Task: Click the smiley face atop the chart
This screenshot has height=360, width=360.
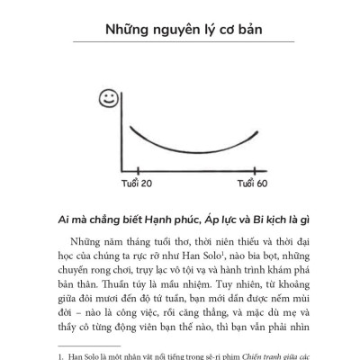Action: [x=107, y=95]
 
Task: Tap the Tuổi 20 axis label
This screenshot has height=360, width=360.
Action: [x=137, y=184]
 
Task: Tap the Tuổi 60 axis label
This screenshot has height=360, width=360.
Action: [x=252, y=184]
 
